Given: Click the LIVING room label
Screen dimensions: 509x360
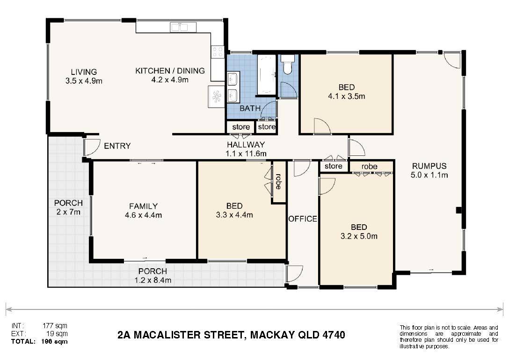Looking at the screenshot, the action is pos(84,72).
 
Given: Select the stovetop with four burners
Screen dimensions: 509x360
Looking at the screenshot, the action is pos(218,52).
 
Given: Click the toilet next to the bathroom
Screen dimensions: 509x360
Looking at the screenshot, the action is pos(287,64).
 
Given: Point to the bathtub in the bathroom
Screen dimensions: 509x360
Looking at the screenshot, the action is pos(267,75).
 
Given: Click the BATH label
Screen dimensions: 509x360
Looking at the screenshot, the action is pos(250,108).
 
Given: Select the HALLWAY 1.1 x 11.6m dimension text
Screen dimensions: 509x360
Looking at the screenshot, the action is pos(246,154).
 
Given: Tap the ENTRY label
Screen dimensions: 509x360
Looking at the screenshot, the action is pos(117,146).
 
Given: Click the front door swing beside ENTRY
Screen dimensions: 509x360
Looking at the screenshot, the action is pos(92,147).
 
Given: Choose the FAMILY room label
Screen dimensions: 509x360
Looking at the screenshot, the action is pos(143,206).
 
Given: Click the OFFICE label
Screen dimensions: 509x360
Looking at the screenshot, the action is pos(303,219).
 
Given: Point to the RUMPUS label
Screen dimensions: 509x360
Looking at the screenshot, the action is pos(429,166).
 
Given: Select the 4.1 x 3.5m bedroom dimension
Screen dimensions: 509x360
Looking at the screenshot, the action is pos(346,96).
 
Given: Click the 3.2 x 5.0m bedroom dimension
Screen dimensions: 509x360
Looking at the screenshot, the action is pos(359,236).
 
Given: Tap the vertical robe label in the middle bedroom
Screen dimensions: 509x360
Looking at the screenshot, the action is pos(278,182).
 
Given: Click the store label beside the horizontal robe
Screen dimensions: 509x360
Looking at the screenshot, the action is pos(333,166).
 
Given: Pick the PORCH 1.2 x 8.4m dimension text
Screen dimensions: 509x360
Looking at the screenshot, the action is pos(153,280).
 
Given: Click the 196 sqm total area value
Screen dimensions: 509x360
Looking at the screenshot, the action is pos(55,341).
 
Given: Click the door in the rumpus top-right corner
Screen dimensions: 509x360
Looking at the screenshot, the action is pos(452,60).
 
